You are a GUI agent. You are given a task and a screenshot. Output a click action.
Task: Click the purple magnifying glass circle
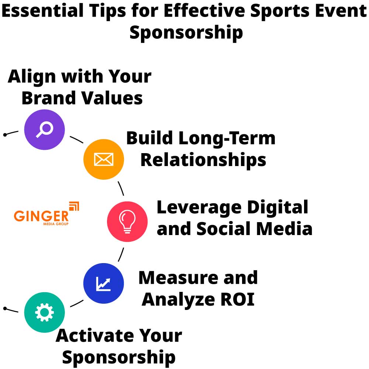click(44, 130)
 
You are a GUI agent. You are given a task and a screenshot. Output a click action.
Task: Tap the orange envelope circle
click(103, 159)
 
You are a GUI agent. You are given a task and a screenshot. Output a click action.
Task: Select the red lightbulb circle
click(127, 221)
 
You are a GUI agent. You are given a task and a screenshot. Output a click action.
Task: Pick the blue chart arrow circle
click(103, 283)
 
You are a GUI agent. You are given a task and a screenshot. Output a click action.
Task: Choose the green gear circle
click(44, 313)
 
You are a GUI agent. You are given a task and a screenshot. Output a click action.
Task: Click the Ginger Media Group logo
click(46, 214)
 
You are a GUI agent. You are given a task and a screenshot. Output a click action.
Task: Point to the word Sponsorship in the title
click(186, 32)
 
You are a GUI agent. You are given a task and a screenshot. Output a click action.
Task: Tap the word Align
click(31, 77)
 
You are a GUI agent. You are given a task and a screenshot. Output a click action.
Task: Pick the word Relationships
click(203, 160)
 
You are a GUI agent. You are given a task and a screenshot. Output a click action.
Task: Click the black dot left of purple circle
click(5, 135)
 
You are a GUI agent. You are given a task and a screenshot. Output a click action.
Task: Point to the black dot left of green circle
click(5, 308)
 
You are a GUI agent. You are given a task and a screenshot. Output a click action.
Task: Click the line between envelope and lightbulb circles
click(121, 188)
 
